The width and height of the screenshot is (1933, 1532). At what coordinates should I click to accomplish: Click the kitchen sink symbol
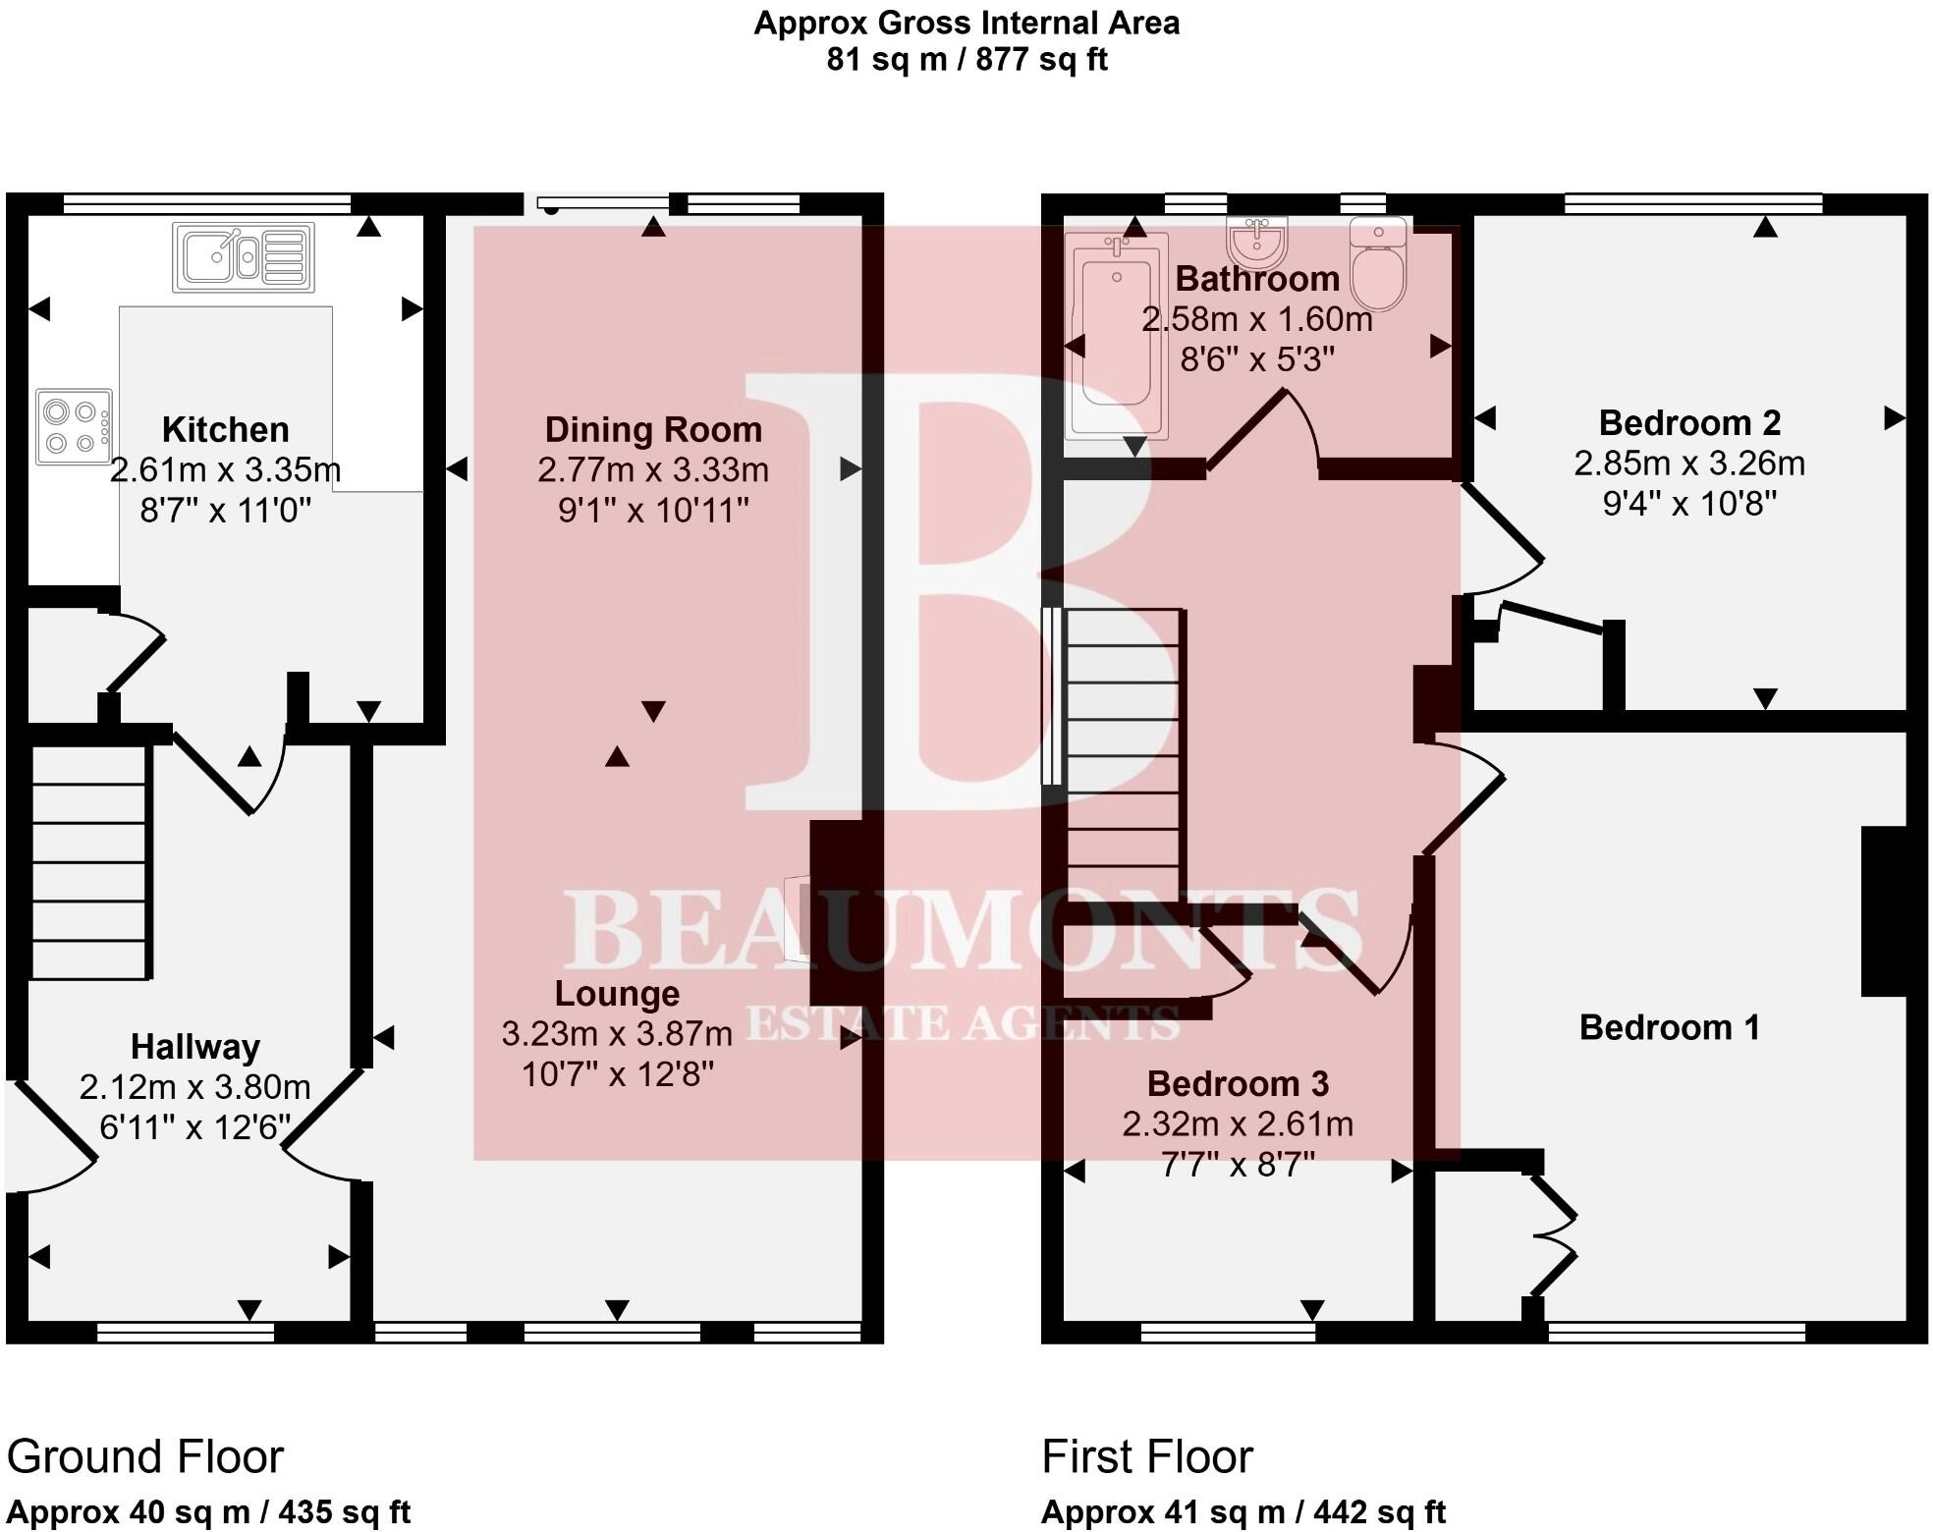pyautogui.click(x=243, y=257)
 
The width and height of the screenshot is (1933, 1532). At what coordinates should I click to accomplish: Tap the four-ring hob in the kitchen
pyautogui.click(x=74, y=426)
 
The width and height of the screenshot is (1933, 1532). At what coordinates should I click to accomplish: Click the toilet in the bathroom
pyautogui.click(x=1378, y=263)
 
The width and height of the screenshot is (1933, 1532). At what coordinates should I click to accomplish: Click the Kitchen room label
pyautogui.click(x=225, y=429)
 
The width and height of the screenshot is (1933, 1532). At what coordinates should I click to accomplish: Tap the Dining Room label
pyautogui.click(x=653, y=429)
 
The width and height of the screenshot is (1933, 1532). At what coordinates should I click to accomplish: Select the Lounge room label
pyautogui.click(x=617, y=993)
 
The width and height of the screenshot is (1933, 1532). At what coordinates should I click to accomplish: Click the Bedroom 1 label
pyautogui.click(x=1669, y=1027)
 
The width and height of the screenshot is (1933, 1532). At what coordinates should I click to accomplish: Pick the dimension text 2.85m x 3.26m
pyautogui.click(x=1689, y=464)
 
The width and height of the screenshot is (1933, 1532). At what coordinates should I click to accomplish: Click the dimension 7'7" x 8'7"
pyautogui.click(x=1238, y=1165)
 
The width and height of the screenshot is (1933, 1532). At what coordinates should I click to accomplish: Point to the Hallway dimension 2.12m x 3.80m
pyautogui.click(x=194, y=1087)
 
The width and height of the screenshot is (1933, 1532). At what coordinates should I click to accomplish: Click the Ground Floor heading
pyautogui.click(x=145, y=1456)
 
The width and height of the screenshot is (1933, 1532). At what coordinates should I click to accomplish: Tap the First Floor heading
pyautogui.click(x=1146, y=1456)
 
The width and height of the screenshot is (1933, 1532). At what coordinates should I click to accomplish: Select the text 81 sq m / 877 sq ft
pyautogui.click(x=966, y=60)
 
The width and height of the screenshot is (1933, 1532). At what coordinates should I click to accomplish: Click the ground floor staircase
pyautogui.click(x=89, y=862)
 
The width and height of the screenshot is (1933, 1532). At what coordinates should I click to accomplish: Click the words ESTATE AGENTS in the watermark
pyautogui.click(x=963, y=1024)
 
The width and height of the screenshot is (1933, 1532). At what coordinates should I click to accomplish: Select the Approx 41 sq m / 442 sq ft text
pyautogui.click(x=1243, y=1511)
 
